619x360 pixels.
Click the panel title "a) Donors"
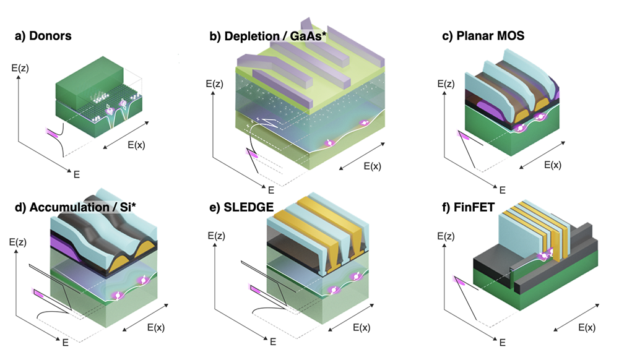[x=43, y=36]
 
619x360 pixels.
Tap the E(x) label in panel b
[x=376, y=166]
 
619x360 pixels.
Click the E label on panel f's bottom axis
[x=503, y=341]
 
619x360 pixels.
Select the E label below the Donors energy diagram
[x=77, y=175]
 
